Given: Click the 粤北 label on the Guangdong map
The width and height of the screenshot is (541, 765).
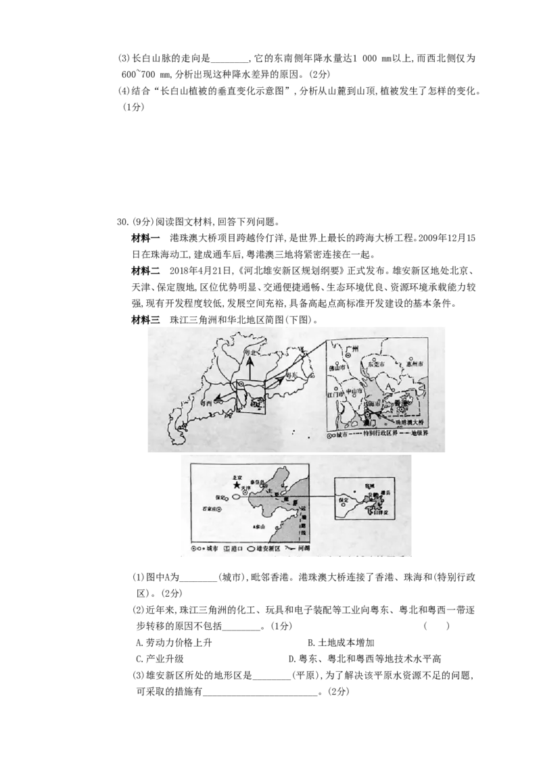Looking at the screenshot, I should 250,353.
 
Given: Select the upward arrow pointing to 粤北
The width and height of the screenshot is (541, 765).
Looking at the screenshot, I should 248,368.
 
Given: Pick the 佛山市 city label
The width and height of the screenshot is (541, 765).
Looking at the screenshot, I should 337,368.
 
